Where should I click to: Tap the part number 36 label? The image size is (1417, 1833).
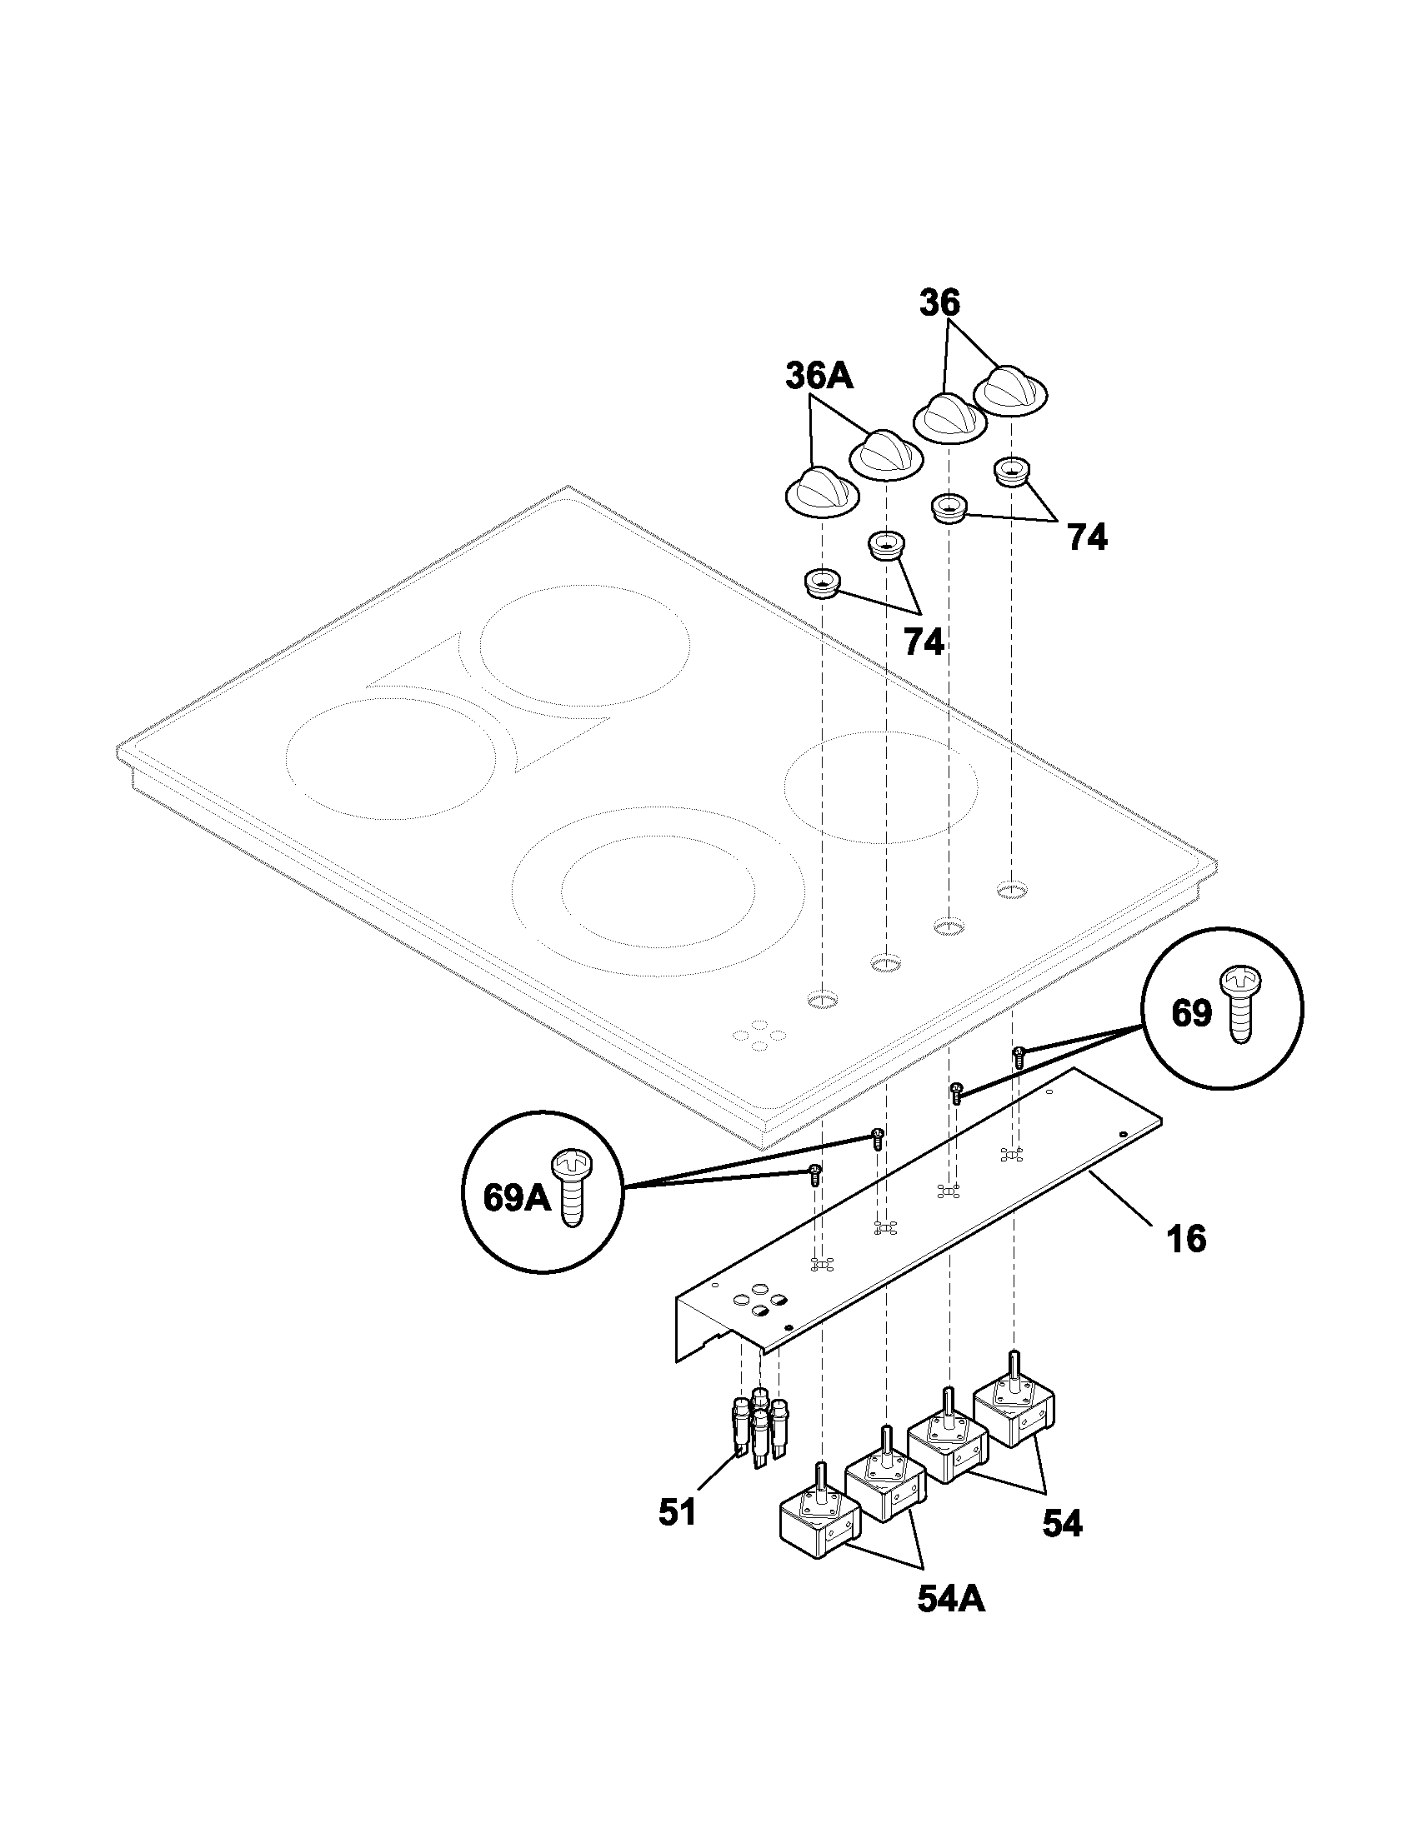(x=939, y=303)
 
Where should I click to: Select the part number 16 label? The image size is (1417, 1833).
(x=1186, y=1261)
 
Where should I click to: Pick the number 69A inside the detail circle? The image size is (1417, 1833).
(x=516, y=1197)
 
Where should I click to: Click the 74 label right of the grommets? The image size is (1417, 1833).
(x=1087, y=537)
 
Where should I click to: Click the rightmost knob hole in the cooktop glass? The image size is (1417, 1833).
(x=1012, y=889)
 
